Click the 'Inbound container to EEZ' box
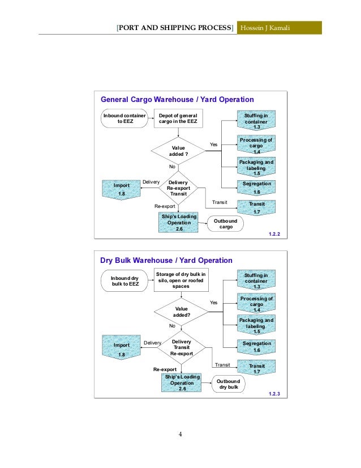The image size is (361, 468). point(123,119)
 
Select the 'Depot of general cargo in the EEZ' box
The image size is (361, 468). point(178,119)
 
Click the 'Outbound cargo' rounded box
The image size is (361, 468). point(226,223)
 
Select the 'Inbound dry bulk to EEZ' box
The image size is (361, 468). point(124,280)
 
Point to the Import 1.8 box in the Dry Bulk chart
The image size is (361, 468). point(121,348)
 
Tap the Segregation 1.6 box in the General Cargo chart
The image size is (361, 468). point(256,188)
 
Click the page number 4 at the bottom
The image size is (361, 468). point(180,435)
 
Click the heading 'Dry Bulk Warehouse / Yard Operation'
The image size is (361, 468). point(166,261)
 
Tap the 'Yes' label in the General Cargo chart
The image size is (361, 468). point(213,144)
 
